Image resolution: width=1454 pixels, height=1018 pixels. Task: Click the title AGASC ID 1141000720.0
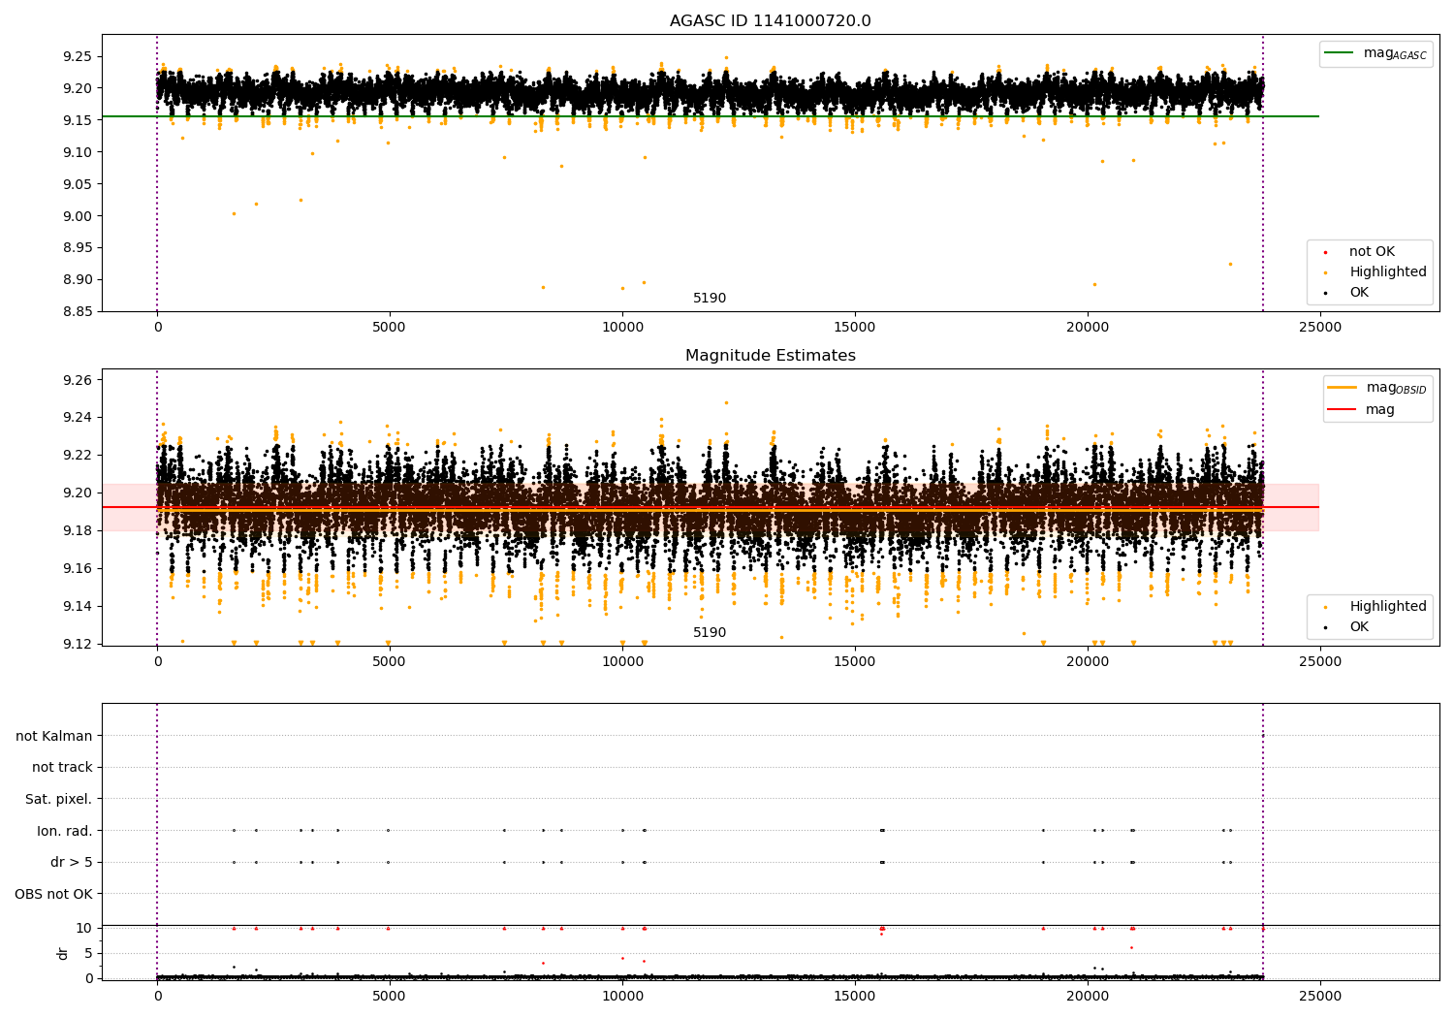770,21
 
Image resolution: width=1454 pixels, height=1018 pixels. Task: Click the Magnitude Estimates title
770,356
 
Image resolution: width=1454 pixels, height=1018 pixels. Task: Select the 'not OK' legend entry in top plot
1372,252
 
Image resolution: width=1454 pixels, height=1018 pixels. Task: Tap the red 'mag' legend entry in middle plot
1379,409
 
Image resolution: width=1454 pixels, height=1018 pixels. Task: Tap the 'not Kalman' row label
54,736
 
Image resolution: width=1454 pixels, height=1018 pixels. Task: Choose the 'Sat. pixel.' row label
58,799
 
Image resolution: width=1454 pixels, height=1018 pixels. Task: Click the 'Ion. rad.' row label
64,831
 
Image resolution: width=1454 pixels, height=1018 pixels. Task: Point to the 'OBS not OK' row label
53,894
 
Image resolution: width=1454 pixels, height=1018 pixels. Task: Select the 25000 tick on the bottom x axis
1319,995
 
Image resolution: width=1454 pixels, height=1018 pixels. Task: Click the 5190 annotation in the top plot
709,299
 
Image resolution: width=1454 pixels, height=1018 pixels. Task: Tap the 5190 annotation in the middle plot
709,633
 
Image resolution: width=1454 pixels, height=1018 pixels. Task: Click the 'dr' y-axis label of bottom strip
63,953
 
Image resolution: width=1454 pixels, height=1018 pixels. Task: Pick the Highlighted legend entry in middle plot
1387,607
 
